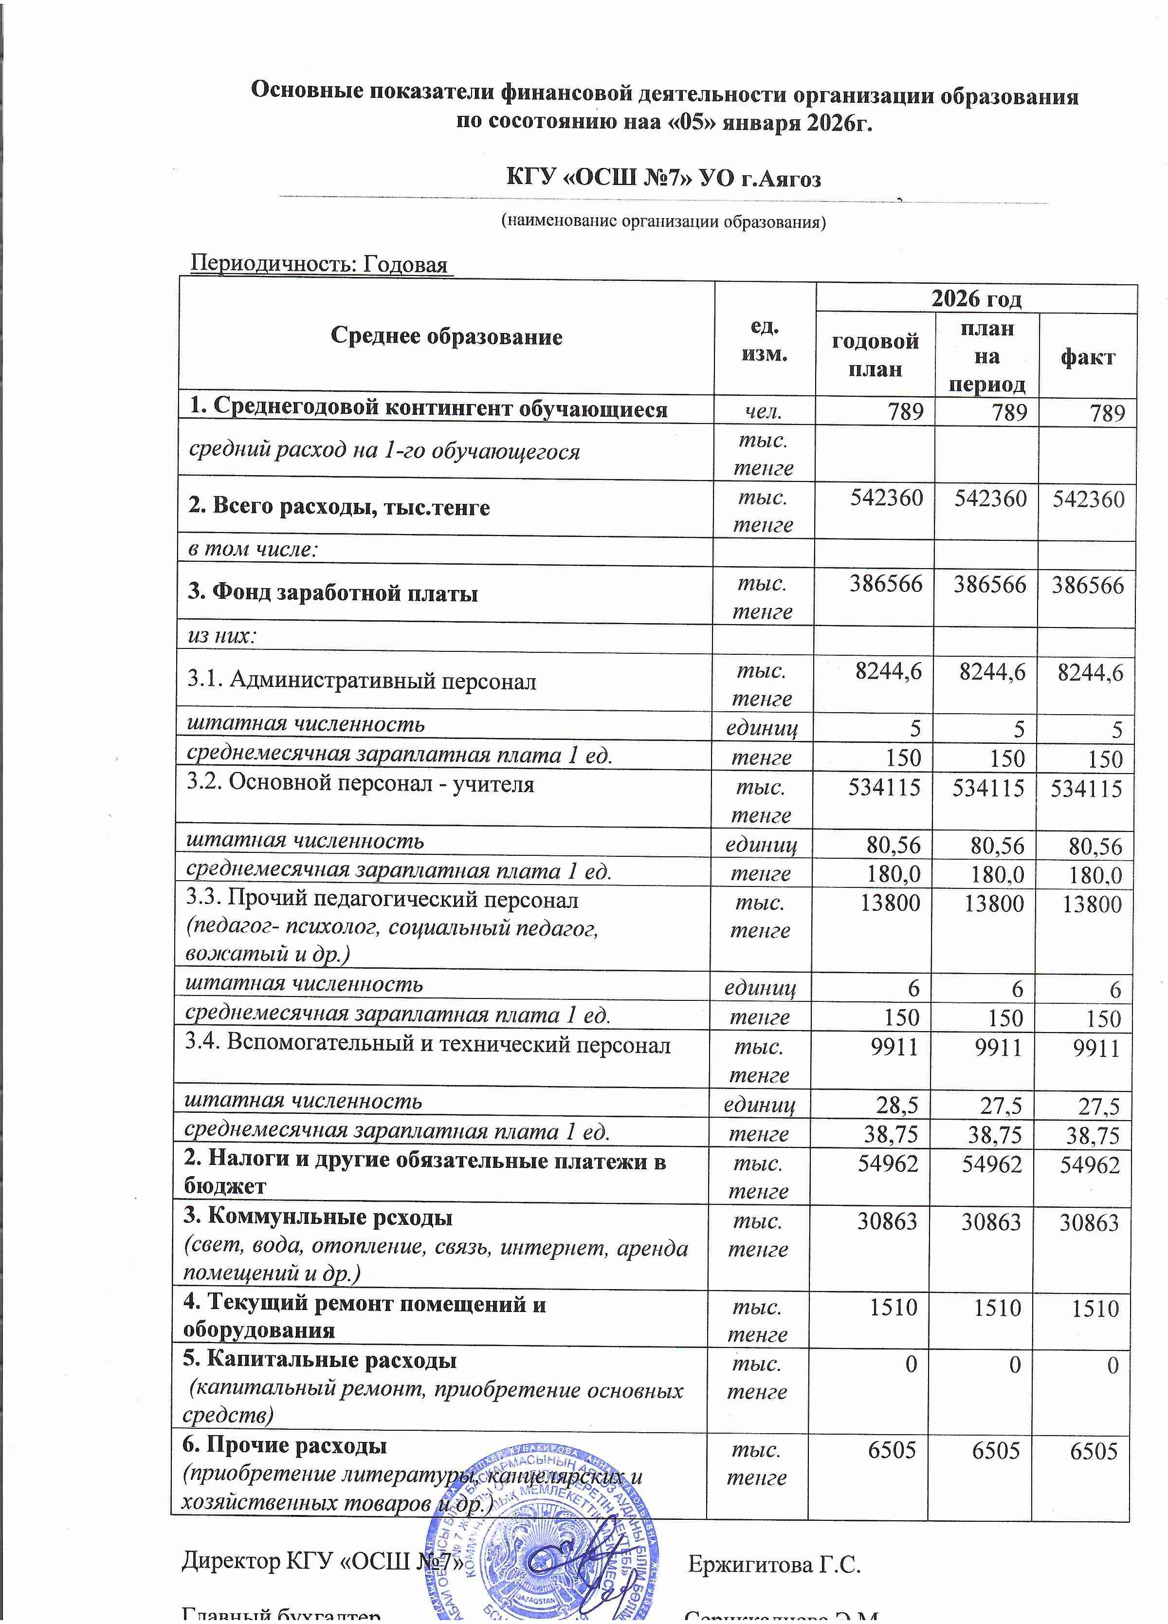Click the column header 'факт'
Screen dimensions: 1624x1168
point(1087,357)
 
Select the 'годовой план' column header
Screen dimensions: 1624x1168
point(875,355)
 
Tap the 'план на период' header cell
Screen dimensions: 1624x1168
point(986,356)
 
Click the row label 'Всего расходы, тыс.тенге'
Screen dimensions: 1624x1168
point(339,508)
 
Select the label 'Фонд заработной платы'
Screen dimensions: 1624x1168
point(333,593)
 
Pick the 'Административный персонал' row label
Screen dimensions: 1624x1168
point(362,681)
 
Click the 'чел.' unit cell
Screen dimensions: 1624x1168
point(764,412)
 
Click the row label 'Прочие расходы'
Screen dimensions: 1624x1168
point(285,1445)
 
